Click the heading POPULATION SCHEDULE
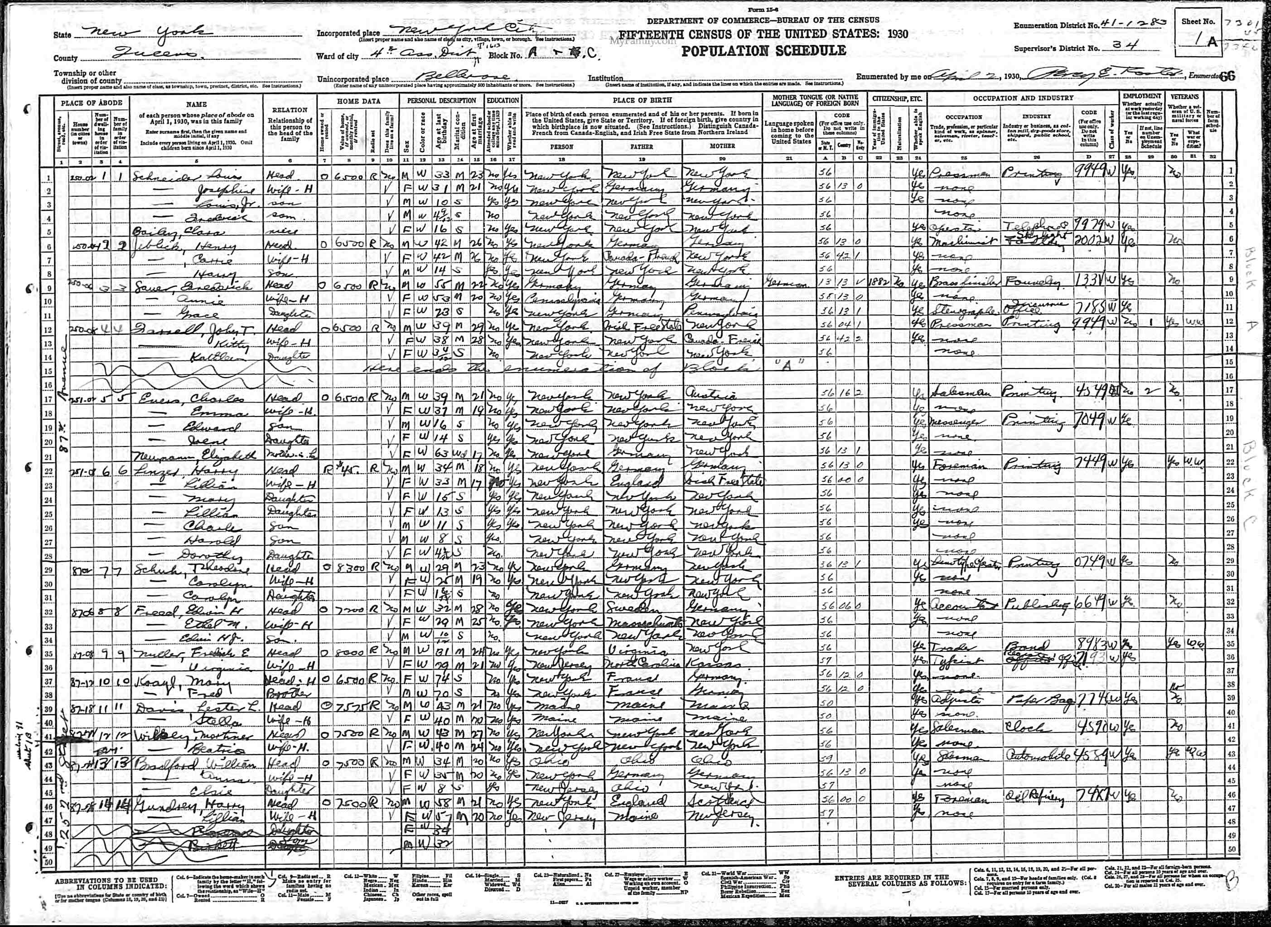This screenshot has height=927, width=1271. [x=764, y=50]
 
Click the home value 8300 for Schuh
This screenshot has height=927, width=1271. [x=353, y=568]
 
